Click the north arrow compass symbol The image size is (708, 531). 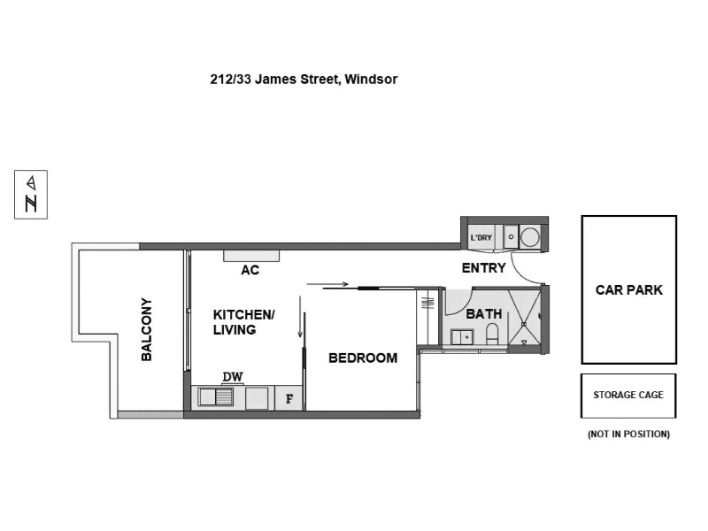31,195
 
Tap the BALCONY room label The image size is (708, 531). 146,329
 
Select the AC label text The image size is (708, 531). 250,270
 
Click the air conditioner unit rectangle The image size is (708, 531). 251,256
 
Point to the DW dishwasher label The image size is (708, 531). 233,376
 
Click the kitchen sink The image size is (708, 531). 216,397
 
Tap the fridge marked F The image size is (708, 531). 289,398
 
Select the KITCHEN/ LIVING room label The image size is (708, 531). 244,322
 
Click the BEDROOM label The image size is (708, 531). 363,358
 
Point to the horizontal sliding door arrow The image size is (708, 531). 327,284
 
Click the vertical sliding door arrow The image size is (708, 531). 300,317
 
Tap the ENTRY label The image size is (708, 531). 483,268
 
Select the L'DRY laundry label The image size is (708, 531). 481,237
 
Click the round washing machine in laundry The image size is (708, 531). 529,237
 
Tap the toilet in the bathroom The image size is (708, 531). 492,334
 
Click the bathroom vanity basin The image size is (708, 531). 462,337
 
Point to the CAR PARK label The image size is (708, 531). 629,290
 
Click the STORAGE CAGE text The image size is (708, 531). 628,395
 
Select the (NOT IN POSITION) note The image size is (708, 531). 628,434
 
